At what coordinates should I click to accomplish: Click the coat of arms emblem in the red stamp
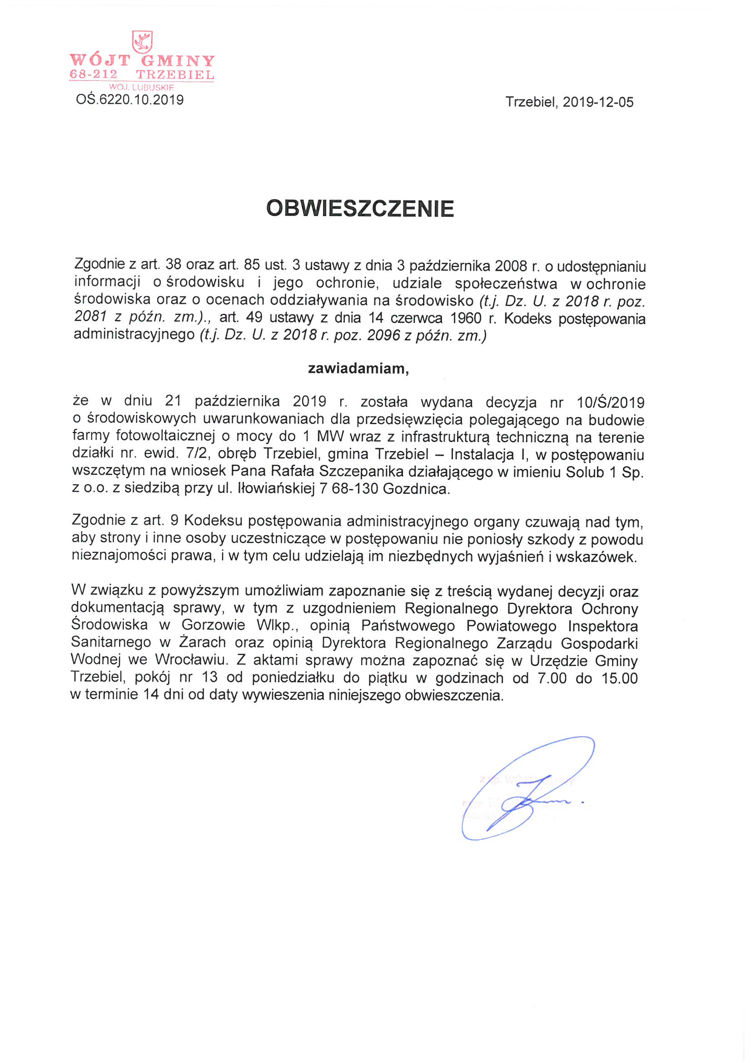click(142, 42)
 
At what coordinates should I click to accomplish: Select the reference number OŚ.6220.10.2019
click(129, 100)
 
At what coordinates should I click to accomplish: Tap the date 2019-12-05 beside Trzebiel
click(598, 102)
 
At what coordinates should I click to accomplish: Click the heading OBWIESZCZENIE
click(360, 209)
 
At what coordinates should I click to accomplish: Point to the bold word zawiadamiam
click(358, 369)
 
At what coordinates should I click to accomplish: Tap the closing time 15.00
click(620, 678)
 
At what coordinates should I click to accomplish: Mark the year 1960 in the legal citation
click(466, 319)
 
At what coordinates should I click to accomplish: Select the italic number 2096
click(383, 335)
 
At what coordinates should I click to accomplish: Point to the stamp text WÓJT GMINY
click(142, 60)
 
